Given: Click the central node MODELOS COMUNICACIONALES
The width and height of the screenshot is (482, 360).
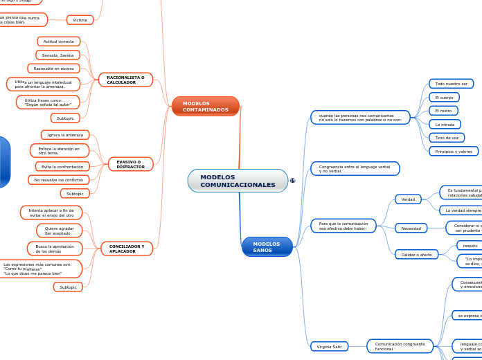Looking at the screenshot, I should [x=238, y=181].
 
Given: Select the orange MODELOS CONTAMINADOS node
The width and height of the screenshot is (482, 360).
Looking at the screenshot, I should [x=205, y=107].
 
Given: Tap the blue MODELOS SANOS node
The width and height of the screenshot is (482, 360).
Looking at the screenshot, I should [x=267, y=246].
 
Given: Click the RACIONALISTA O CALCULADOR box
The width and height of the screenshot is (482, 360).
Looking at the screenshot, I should [x=125, y=80].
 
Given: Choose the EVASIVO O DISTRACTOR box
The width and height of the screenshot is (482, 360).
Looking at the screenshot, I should [x=130, y=164].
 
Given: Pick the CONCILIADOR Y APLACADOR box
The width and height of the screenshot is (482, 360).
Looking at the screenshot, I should [x=126, y=249].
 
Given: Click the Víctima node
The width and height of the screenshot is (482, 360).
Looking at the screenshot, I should [x=80, y=20].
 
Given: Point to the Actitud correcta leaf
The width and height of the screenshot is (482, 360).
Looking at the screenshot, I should [x=58, y=42].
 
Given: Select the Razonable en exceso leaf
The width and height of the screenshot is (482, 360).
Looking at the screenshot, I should [x=53, y=69].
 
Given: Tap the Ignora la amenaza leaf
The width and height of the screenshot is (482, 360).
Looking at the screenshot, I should [x=65, y=135].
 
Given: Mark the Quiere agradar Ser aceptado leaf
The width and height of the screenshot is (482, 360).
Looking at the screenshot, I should [x=59, y=231].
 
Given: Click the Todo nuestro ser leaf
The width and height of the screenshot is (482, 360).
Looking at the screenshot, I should [x=451, y=84].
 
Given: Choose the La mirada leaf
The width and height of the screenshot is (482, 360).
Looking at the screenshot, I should [x=445, y=124].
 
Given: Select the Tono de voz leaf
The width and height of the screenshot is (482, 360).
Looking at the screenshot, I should [x=447, y=138].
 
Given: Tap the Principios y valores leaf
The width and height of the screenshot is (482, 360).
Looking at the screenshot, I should [x=454, y=151].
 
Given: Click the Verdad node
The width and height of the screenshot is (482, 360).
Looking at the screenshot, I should [x=408, y=199].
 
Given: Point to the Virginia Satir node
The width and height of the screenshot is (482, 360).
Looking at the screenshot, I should [x=329, y=346].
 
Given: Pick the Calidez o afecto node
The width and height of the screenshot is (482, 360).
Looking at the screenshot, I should [x=416, y=255].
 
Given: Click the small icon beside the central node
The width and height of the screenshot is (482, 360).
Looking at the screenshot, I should [x=292, y=181].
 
